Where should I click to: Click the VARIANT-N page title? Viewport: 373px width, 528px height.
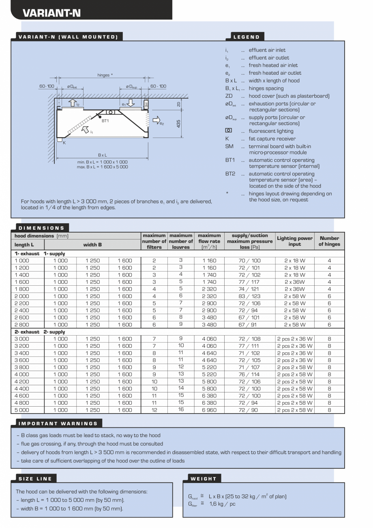point(51,13)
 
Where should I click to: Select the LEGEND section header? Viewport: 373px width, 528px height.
point(247,37)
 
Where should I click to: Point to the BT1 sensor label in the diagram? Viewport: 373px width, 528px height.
point(105,121)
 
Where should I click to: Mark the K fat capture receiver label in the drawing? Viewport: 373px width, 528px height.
point(64,142)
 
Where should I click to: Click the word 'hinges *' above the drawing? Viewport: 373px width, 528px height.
point(105,75)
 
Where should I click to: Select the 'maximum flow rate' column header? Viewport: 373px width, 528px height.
point(209,241)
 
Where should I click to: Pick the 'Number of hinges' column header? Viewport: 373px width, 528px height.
point(329,241)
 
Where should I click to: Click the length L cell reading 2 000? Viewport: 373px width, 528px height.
point(22,296)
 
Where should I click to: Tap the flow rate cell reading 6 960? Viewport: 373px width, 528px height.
point(209,410)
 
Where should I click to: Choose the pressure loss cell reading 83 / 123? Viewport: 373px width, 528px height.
point(249,296)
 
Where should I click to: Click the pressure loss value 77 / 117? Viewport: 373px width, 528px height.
point(249,282)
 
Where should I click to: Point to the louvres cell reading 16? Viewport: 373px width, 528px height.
point(181,409)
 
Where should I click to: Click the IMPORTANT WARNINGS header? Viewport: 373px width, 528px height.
point(58,423)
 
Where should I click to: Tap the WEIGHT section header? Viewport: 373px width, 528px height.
point(204,478)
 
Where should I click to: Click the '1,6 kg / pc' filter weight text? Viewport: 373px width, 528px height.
point(222,504)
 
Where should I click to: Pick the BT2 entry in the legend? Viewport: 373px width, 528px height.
point(230,174)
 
